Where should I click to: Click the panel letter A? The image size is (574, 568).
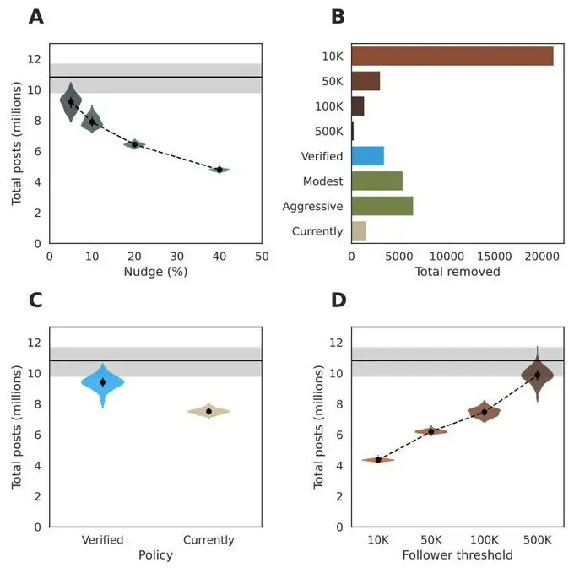click(x=37, y=17)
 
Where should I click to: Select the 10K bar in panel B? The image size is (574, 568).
click(x=452, y=56)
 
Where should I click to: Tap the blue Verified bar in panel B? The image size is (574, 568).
click(x=367, y=156)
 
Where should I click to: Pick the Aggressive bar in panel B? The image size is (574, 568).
click(x=382, y=206)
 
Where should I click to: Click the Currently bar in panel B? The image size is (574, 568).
click(x=358, y=231)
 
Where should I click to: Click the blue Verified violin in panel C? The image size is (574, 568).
click(x=103, y=382)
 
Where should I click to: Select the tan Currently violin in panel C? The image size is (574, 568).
click(x=208, y=411)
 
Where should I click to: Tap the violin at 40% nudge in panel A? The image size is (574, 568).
click(x=219, y=170)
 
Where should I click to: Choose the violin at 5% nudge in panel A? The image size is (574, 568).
click(x=71, y=102)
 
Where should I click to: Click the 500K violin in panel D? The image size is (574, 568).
click(x=537, y=375)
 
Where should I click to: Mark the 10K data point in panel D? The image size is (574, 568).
click(x=378, y=459)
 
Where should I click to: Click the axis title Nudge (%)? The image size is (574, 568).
click(x=155, y=272)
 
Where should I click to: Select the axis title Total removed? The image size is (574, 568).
click(x=457, y=272)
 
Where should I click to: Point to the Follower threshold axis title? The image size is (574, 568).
click(x=457, y=555)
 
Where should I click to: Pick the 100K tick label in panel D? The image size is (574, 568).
click(x=484, y=540)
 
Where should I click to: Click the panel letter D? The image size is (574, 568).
click(x=338, y=300)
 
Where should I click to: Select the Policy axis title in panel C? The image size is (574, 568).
click(x=155, y=555)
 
